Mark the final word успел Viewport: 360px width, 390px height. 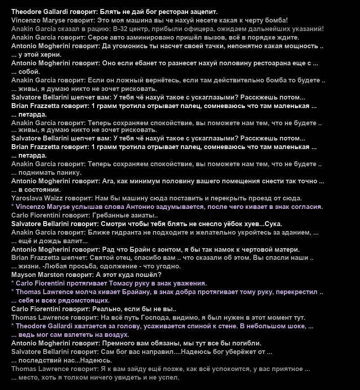(168, 377)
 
